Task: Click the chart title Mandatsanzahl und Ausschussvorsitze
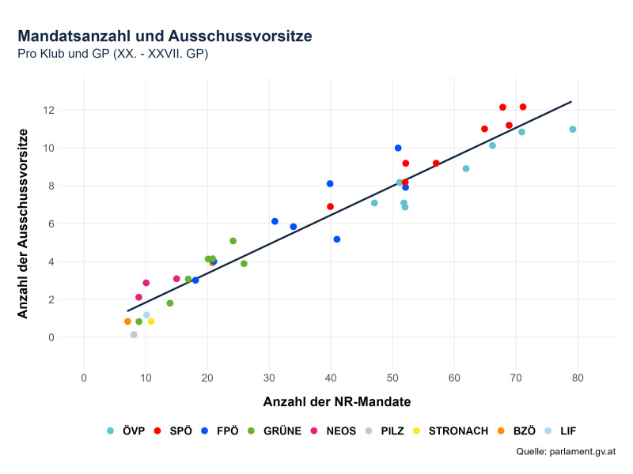coord(165,36)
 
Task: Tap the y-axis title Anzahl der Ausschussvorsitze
coord(23,224)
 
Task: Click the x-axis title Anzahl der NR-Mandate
coord(336,401)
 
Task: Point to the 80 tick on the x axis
coord(578,378)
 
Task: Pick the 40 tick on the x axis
coord(331,378)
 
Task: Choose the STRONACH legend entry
coord(451,431)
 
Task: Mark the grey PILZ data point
coord(134,335)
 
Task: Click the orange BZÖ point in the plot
coord(127,322)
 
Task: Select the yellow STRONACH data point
coord(151,322)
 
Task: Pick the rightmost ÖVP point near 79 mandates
coord(572,130)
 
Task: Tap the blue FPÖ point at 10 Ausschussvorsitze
coord(398,149)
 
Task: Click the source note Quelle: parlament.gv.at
coord(565,452)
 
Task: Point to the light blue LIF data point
coord(146,315)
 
